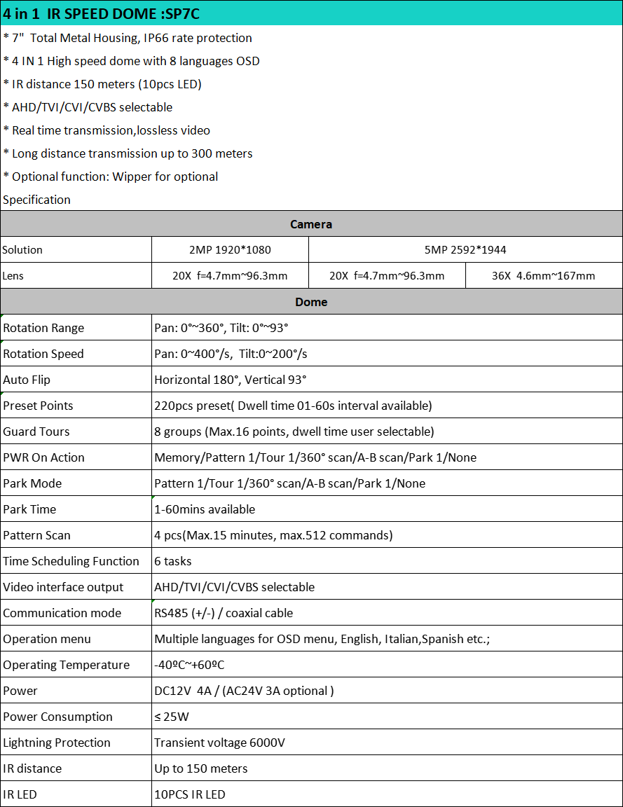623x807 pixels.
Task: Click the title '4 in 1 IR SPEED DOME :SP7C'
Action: tap(100, 13)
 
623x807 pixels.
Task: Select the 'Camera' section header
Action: tap(311, 224)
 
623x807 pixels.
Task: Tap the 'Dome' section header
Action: tap(311, 302)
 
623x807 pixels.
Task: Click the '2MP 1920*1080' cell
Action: tap(230, 249)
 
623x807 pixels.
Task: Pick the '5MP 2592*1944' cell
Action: tap(465, 249)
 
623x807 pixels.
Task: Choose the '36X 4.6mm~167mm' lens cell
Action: tap(543, 275)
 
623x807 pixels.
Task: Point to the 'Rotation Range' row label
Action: tap(43, 328)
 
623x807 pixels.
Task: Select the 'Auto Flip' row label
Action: tap(27, 380)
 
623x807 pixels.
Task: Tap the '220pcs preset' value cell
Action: tap(293, 406)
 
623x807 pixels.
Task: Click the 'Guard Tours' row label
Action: tap(36, 432)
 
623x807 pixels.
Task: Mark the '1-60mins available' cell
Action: tap(205, 509)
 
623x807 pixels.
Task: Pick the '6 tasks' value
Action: tap(173, 561)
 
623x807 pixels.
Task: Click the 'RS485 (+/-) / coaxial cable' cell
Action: tap(224, 613)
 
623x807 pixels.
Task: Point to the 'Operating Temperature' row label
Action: tap(66, 665)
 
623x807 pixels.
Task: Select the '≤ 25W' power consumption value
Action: tap(172, 717)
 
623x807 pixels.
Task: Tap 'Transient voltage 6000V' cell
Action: tap(219, 743)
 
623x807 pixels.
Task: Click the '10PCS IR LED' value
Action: tap(190, 794)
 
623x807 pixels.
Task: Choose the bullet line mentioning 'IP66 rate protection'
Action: tap(128, 38)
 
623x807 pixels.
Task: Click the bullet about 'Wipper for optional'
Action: tap(111, 177)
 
